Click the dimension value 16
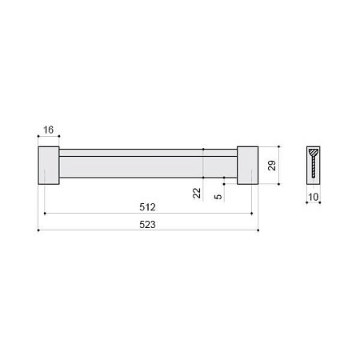tap(49, 130)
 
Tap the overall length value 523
tap(147, 225)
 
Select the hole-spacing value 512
tap(147, 207)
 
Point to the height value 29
tap(272, 166)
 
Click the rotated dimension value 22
tap(197, 193)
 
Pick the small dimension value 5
tap(218, 197)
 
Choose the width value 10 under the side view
tap(314, 197)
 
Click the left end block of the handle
tap(49, 166)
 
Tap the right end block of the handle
tap(247, 166)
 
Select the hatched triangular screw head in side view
tap(314, 153)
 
